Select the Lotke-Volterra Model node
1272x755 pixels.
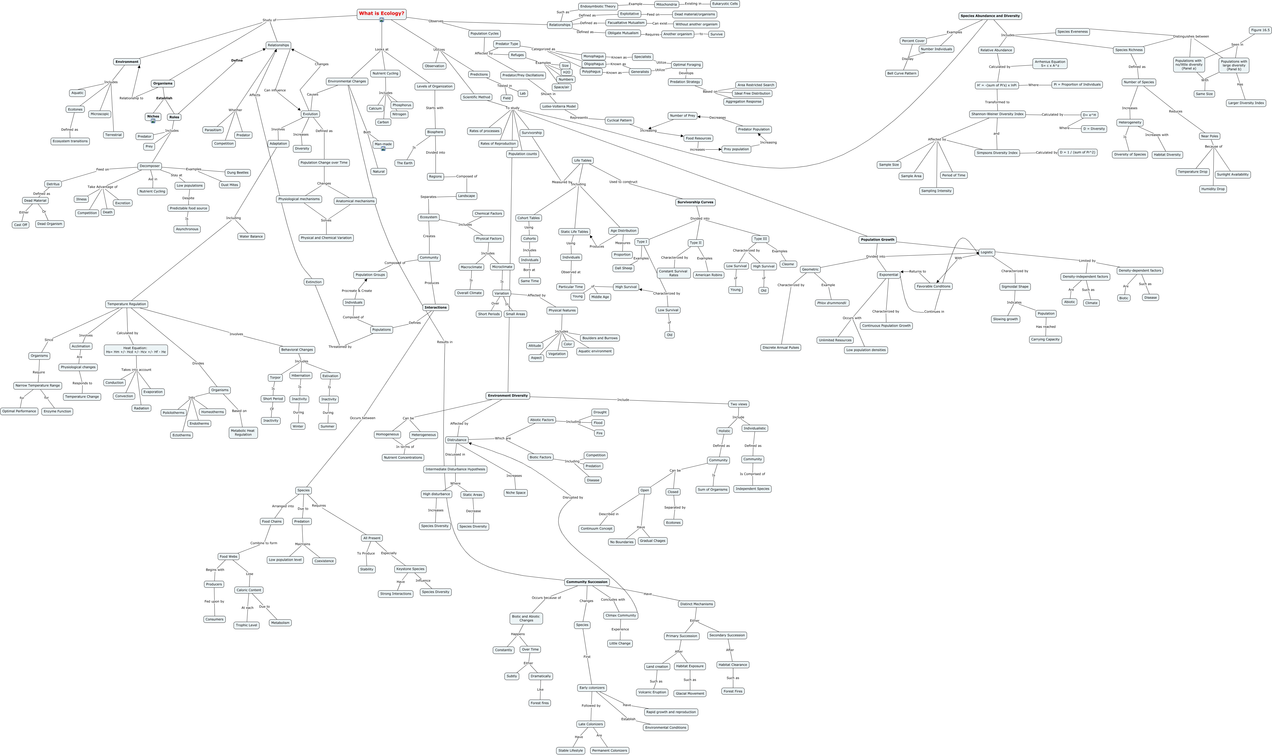point(559,106)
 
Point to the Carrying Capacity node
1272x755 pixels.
point(1045,339)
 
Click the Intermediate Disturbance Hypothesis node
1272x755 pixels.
point(455,469)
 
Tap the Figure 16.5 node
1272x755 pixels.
point(1260,30)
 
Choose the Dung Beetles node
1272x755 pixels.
point(238,173)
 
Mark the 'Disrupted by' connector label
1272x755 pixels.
point(573,497)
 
